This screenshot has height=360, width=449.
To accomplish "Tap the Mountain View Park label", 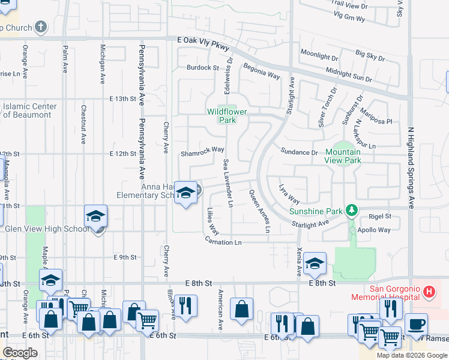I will (x=343, y=157).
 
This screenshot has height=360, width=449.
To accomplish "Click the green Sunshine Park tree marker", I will (x=352, y=211).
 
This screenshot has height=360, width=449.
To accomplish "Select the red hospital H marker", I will (x=429, y=292).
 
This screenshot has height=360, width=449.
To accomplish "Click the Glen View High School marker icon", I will (x=95, y=216).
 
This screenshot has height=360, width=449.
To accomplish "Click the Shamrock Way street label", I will (x=202, y=150).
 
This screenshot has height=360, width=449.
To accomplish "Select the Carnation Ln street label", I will (x=223, y=242).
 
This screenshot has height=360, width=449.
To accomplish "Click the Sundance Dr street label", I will (x=298, y=153).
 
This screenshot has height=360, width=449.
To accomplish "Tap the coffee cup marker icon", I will (x=417, y=325).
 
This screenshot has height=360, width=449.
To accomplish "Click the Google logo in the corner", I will (x=20, y=353).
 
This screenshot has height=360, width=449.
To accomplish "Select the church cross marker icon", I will (x=40, y=27).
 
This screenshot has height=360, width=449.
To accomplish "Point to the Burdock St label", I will (x=202, y=68).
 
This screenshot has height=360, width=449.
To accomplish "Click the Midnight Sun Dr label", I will (x=349, y=74).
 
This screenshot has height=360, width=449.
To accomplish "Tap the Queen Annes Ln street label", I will (x=259, y=211).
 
